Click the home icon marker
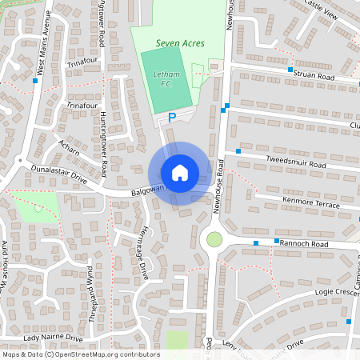point(180,173)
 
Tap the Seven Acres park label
point(180,43)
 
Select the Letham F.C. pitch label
point(166,78)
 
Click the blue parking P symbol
point(171,118)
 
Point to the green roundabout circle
point(214,238)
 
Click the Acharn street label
point(70,145)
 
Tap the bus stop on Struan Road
point(290,70)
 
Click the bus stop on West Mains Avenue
point(35,80)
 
